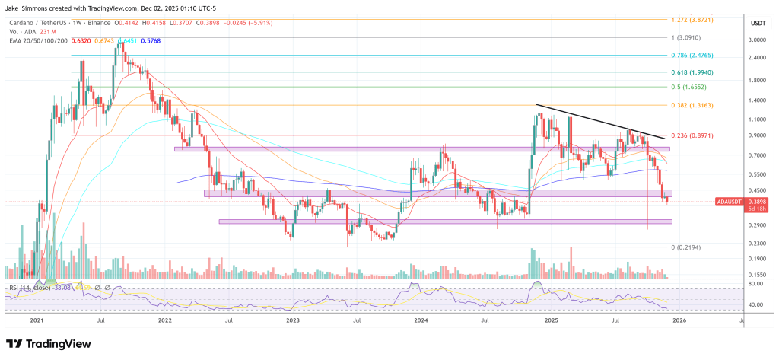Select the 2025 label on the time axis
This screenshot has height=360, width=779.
click(552, 323)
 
